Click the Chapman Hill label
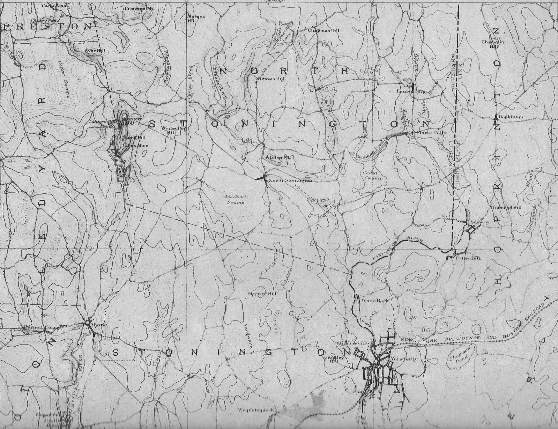click(x=323, y=30)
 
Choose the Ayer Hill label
click(x=95, y=51)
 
